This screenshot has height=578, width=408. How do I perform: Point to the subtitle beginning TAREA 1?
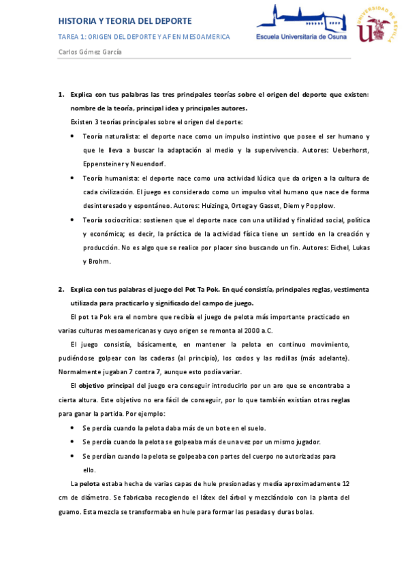144,37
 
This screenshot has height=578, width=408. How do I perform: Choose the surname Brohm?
99,261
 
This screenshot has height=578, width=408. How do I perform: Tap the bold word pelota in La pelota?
89,483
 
